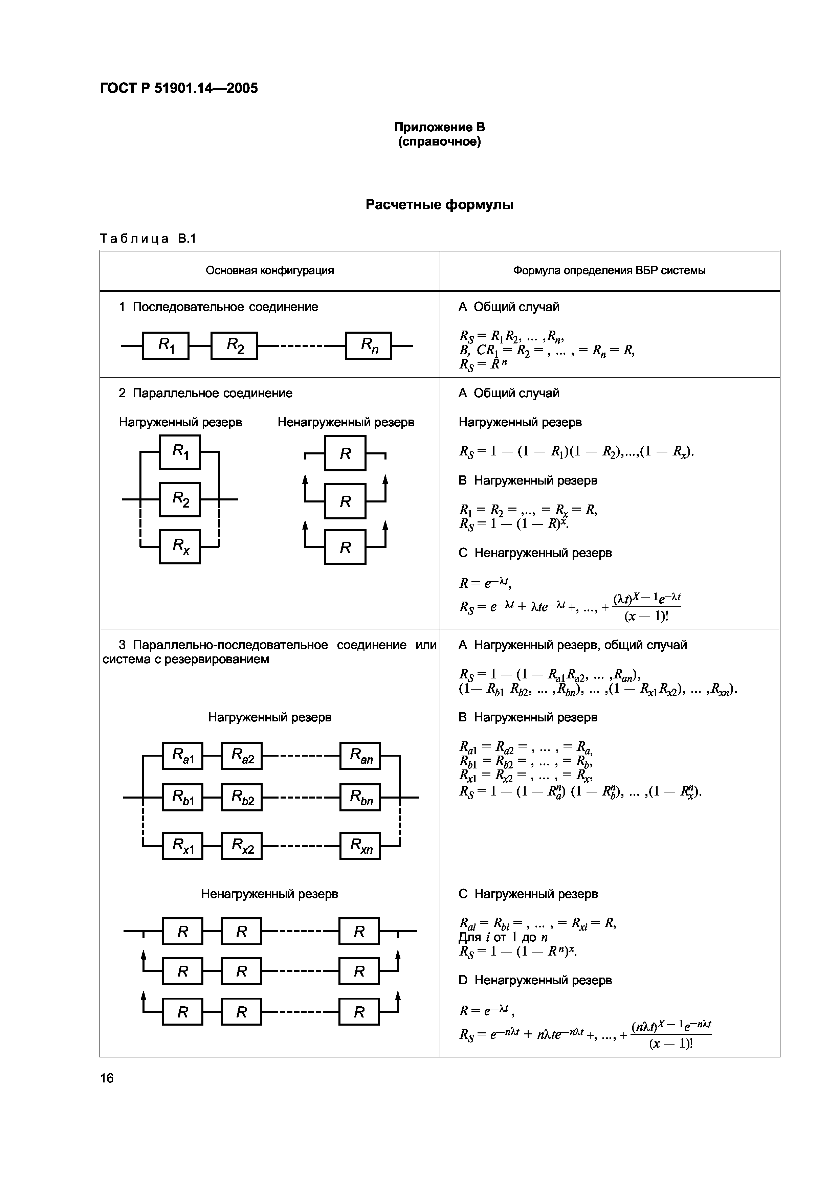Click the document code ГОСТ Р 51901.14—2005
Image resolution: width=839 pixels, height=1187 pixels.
[178, 88]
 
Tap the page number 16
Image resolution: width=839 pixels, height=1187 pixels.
[107, 1078]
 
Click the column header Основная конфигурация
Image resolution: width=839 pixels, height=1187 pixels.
[269, 270]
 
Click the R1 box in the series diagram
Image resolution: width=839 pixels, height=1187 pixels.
[166, 345]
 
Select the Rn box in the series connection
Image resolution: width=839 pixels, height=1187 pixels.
[369, 345]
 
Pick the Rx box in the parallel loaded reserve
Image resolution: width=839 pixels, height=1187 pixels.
[180, 546]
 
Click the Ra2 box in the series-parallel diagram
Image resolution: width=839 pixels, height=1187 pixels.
[241, 756]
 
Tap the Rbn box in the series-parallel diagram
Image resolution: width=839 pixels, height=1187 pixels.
[360, 798]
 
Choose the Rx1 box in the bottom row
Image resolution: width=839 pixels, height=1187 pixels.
[182, 846]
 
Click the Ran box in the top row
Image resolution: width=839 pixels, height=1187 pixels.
[360, 756]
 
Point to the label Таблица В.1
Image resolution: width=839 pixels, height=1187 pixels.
[148, 238]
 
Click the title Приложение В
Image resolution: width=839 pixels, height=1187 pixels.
[439, 127]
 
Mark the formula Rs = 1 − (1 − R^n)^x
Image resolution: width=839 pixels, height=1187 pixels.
[517, 951]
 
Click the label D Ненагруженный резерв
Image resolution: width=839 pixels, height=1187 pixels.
[535, 980]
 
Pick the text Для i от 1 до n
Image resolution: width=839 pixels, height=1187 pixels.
[503, 937]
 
